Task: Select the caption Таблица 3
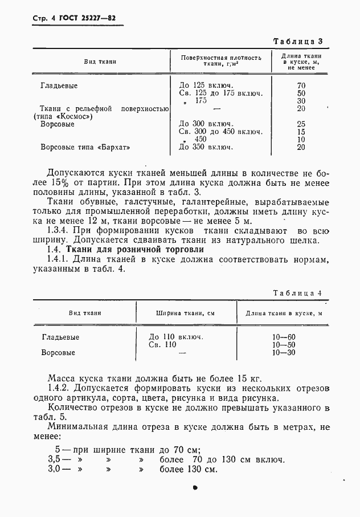click(x=298, y=42)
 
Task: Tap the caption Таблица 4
click(x=298, y=293)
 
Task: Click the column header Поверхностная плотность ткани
click(x=222, y=61)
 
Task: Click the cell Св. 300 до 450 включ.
click(x=220, y=131)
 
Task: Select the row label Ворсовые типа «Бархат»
click(x=81, y=147)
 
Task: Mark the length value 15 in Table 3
click(x=301, y=131)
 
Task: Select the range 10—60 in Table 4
click(x=284, y=337)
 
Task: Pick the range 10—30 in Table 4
click(x=284, y=353)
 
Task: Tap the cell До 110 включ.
click(x=176, y=337)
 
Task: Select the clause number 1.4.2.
click(x=60, y=388)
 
